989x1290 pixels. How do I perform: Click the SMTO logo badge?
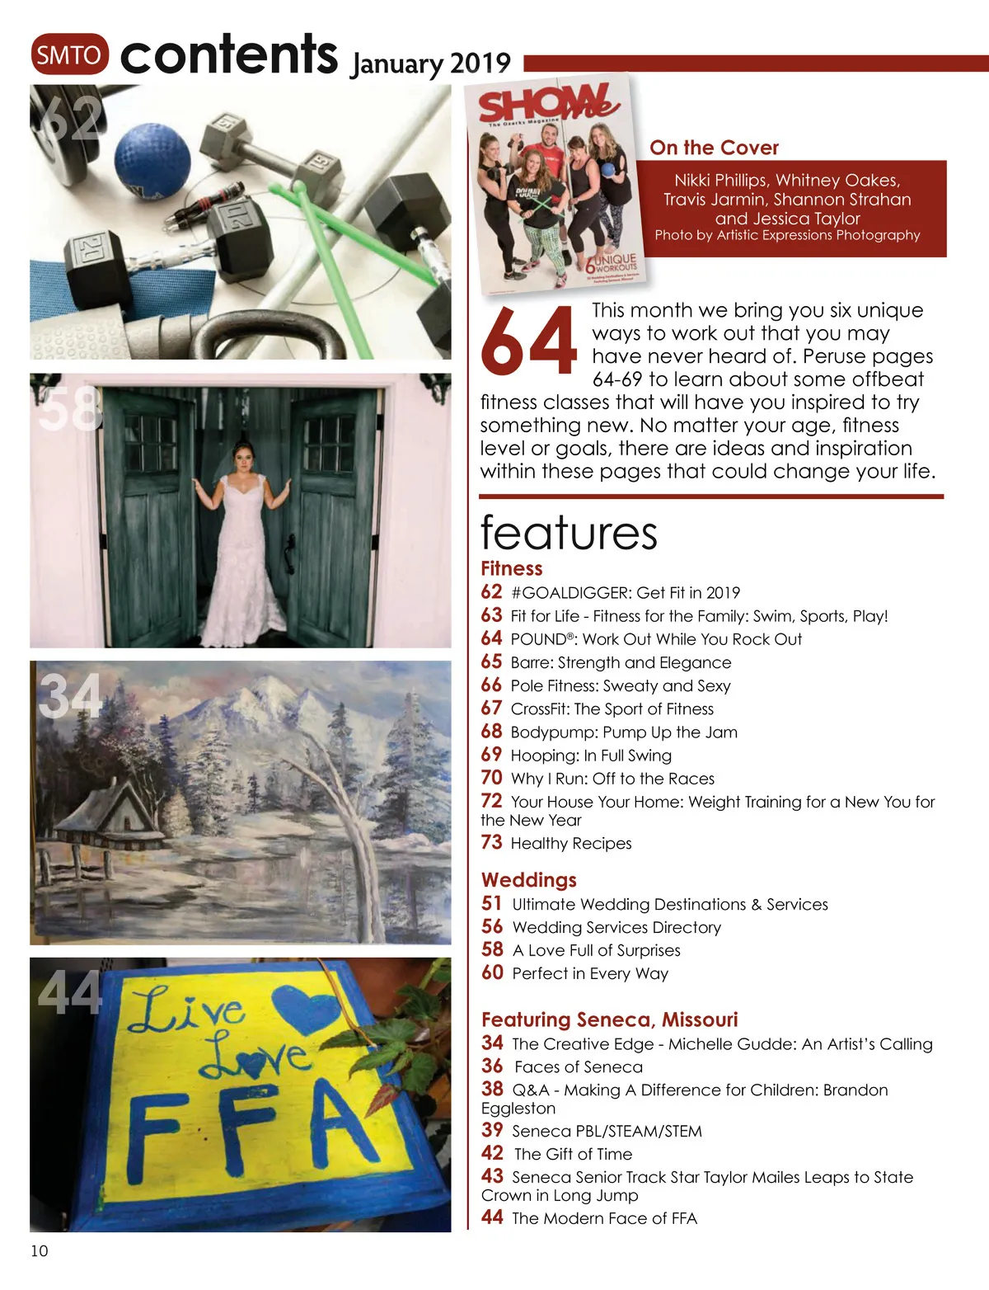tap(70, 54)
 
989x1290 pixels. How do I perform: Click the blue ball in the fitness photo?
tap(152, 160)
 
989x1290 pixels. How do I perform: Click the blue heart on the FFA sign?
tap(304, 1008)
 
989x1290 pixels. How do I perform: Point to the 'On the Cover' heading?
tap(714, 148)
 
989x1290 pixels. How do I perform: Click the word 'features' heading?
tap(569, 533)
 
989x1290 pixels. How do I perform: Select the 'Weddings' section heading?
tap(528, 879)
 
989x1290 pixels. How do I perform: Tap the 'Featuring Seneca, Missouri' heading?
tap(609, 1019)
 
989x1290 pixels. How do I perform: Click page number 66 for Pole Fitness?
tap(491, 685)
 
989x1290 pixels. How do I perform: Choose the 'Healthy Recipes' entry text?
tap(570, 843)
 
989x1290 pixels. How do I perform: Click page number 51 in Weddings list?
tap(492, 903)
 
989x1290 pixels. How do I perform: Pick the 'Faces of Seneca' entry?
tap(578, 1066)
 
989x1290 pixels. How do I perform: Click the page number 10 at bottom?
tap(40, 1250)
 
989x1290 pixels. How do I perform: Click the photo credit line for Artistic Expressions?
tap(787, 235)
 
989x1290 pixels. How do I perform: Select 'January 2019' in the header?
tap(430, 64)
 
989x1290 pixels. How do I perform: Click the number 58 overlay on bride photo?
tap(69, 409)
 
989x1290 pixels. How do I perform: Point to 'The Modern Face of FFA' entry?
tap(604, 1218)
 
